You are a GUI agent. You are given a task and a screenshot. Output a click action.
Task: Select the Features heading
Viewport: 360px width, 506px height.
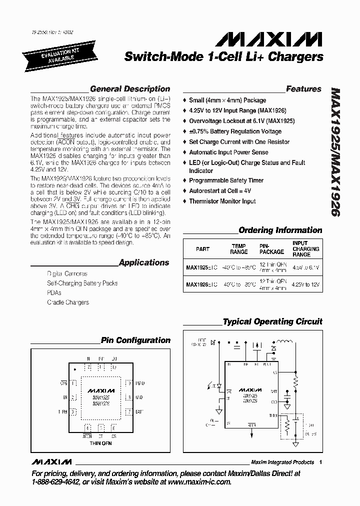pyautogui.click(x=303, y=89)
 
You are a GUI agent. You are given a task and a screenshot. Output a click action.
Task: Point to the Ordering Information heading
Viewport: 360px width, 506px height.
pyautogui.click(x=280, y=230)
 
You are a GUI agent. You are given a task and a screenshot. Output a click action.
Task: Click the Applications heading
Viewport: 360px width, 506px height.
pyautogui.click(x=144, y=262)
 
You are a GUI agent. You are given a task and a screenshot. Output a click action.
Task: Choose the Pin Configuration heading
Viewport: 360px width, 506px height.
pyautogui.click(x=135, y=340)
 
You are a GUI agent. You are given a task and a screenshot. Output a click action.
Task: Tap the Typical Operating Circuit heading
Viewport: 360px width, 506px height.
pyautogui.click(x=272, y=322)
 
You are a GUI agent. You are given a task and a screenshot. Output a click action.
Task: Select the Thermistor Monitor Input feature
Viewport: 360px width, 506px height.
pyautogui.click(x=222, y=201)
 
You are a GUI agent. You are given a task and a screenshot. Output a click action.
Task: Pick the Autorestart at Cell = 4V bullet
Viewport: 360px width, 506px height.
pyautogui.click(x=219, y=191)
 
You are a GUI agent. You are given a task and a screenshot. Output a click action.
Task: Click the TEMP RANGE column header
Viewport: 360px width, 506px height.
pyautogui.click(x=239, y=249)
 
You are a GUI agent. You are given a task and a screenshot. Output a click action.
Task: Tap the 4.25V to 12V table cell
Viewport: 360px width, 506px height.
pyautogui.click(x=306, y=284)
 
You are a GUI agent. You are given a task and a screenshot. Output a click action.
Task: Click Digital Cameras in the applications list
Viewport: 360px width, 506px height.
pyautogui.click(x=67, y=274)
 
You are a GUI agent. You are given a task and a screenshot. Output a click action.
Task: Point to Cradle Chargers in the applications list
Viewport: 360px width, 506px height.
pyautogui.click(x=68, y=302)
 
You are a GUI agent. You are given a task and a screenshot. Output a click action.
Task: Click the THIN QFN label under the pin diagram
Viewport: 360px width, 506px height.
pyautogui.click(x=100, y=443)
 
